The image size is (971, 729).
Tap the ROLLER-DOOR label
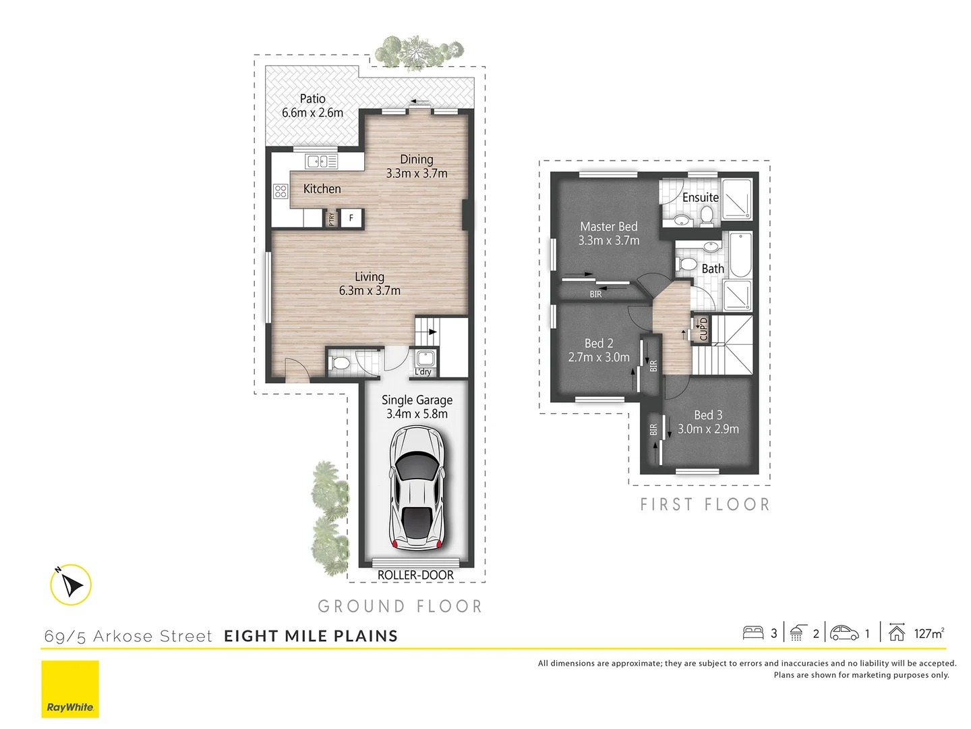coord(415,575)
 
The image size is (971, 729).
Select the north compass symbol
coord(71,585)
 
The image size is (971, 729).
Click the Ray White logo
coord(70,689)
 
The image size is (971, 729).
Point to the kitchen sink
coord(321,161)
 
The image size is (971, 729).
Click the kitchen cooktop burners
coord(281,191)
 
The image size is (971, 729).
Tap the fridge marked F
coord(351,218)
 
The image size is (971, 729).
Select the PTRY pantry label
coord(331,219)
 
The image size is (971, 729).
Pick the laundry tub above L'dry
coord(425,358)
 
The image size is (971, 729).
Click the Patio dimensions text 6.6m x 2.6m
coord(312,113)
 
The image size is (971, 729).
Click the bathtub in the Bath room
coord(740,255)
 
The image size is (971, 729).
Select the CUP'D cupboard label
coord(703,329)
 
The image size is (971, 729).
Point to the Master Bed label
coord(608,227)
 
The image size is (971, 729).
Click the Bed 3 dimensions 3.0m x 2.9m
coord(708,429)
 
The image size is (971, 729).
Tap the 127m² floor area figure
coord(929,633)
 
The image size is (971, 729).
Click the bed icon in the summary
coord(753,632)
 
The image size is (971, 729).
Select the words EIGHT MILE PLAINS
coord(311,636)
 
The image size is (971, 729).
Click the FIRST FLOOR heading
coord(705,504)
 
